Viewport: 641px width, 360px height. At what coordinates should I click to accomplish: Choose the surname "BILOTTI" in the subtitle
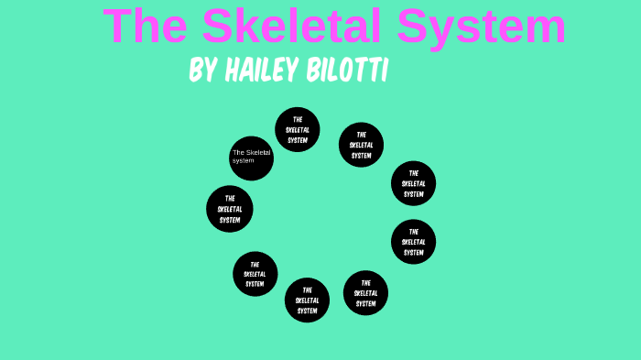point(349,71)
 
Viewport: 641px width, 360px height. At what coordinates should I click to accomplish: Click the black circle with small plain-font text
point(251,158)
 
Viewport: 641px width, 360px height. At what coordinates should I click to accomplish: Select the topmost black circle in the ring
point(298,129)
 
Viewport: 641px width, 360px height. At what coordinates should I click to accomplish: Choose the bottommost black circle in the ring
point(307,300)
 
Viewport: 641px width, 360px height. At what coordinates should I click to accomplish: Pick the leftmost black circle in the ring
point(229,209)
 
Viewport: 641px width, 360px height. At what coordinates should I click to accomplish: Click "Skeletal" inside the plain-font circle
point(256,152)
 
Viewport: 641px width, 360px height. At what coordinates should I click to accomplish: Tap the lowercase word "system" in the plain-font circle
point(243,161)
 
